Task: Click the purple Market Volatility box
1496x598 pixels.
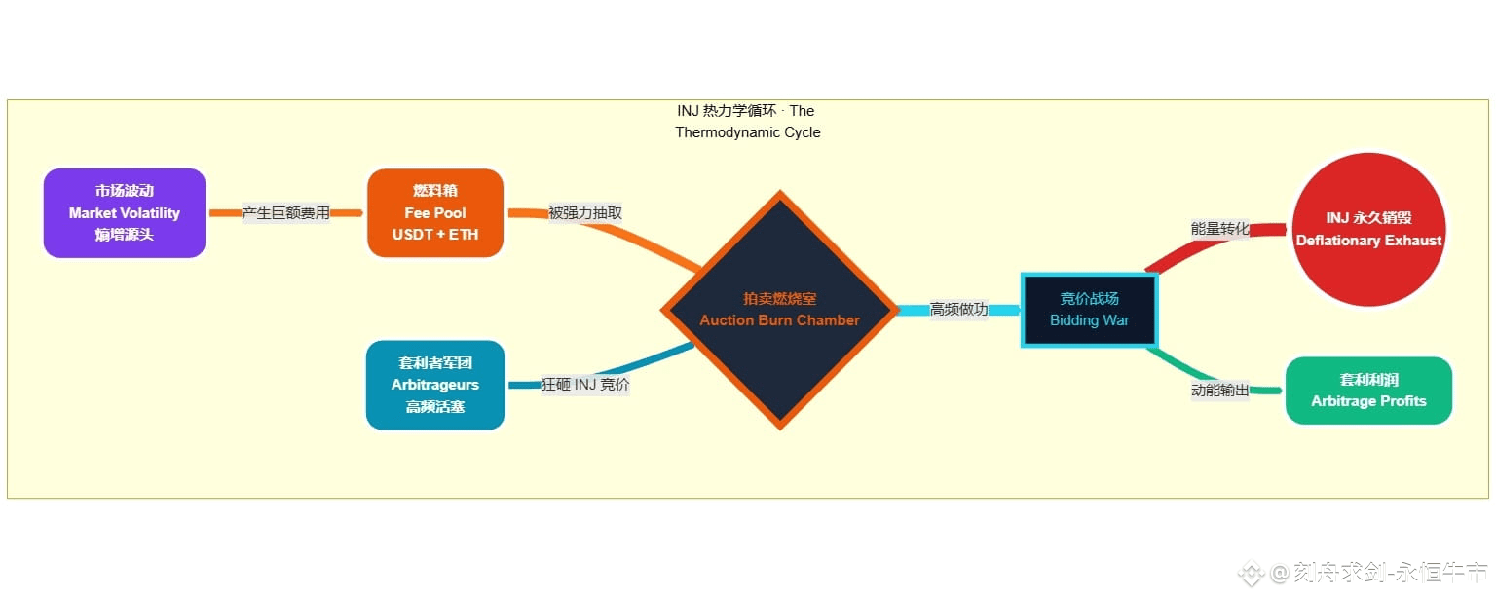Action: coord(125,213)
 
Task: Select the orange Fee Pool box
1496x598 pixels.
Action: coord(435,213)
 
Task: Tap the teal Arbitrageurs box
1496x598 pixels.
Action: coord(435,385)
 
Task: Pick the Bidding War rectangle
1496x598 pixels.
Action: coord(1089,310)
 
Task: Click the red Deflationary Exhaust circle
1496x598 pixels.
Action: coord(1368,230)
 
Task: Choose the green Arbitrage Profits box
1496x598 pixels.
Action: coord(1368,391)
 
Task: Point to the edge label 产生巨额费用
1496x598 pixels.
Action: coord(285,213)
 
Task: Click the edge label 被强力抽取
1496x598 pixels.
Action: coord(584,213)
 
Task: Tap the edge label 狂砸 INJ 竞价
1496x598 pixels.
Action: coord(584,385)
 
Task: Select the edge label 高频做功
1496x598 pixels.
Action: coord(958,310)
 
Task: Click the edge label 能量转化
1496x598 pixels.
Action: coord(1219,229)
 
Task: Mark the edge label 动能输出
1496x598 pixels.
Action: coord(1219,391)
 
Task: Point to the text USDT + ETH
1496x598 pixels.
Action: coord(435,235)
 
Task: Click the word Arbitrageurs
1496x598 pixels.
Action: coord(435,385)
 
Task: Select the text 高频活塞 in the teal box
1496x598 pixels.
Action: coord(435,407)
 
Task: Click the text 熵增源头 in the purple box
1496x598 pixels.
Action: coord(125,235)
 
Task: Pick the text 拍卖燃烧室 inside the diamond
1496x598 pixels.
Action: coord(779,299)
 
